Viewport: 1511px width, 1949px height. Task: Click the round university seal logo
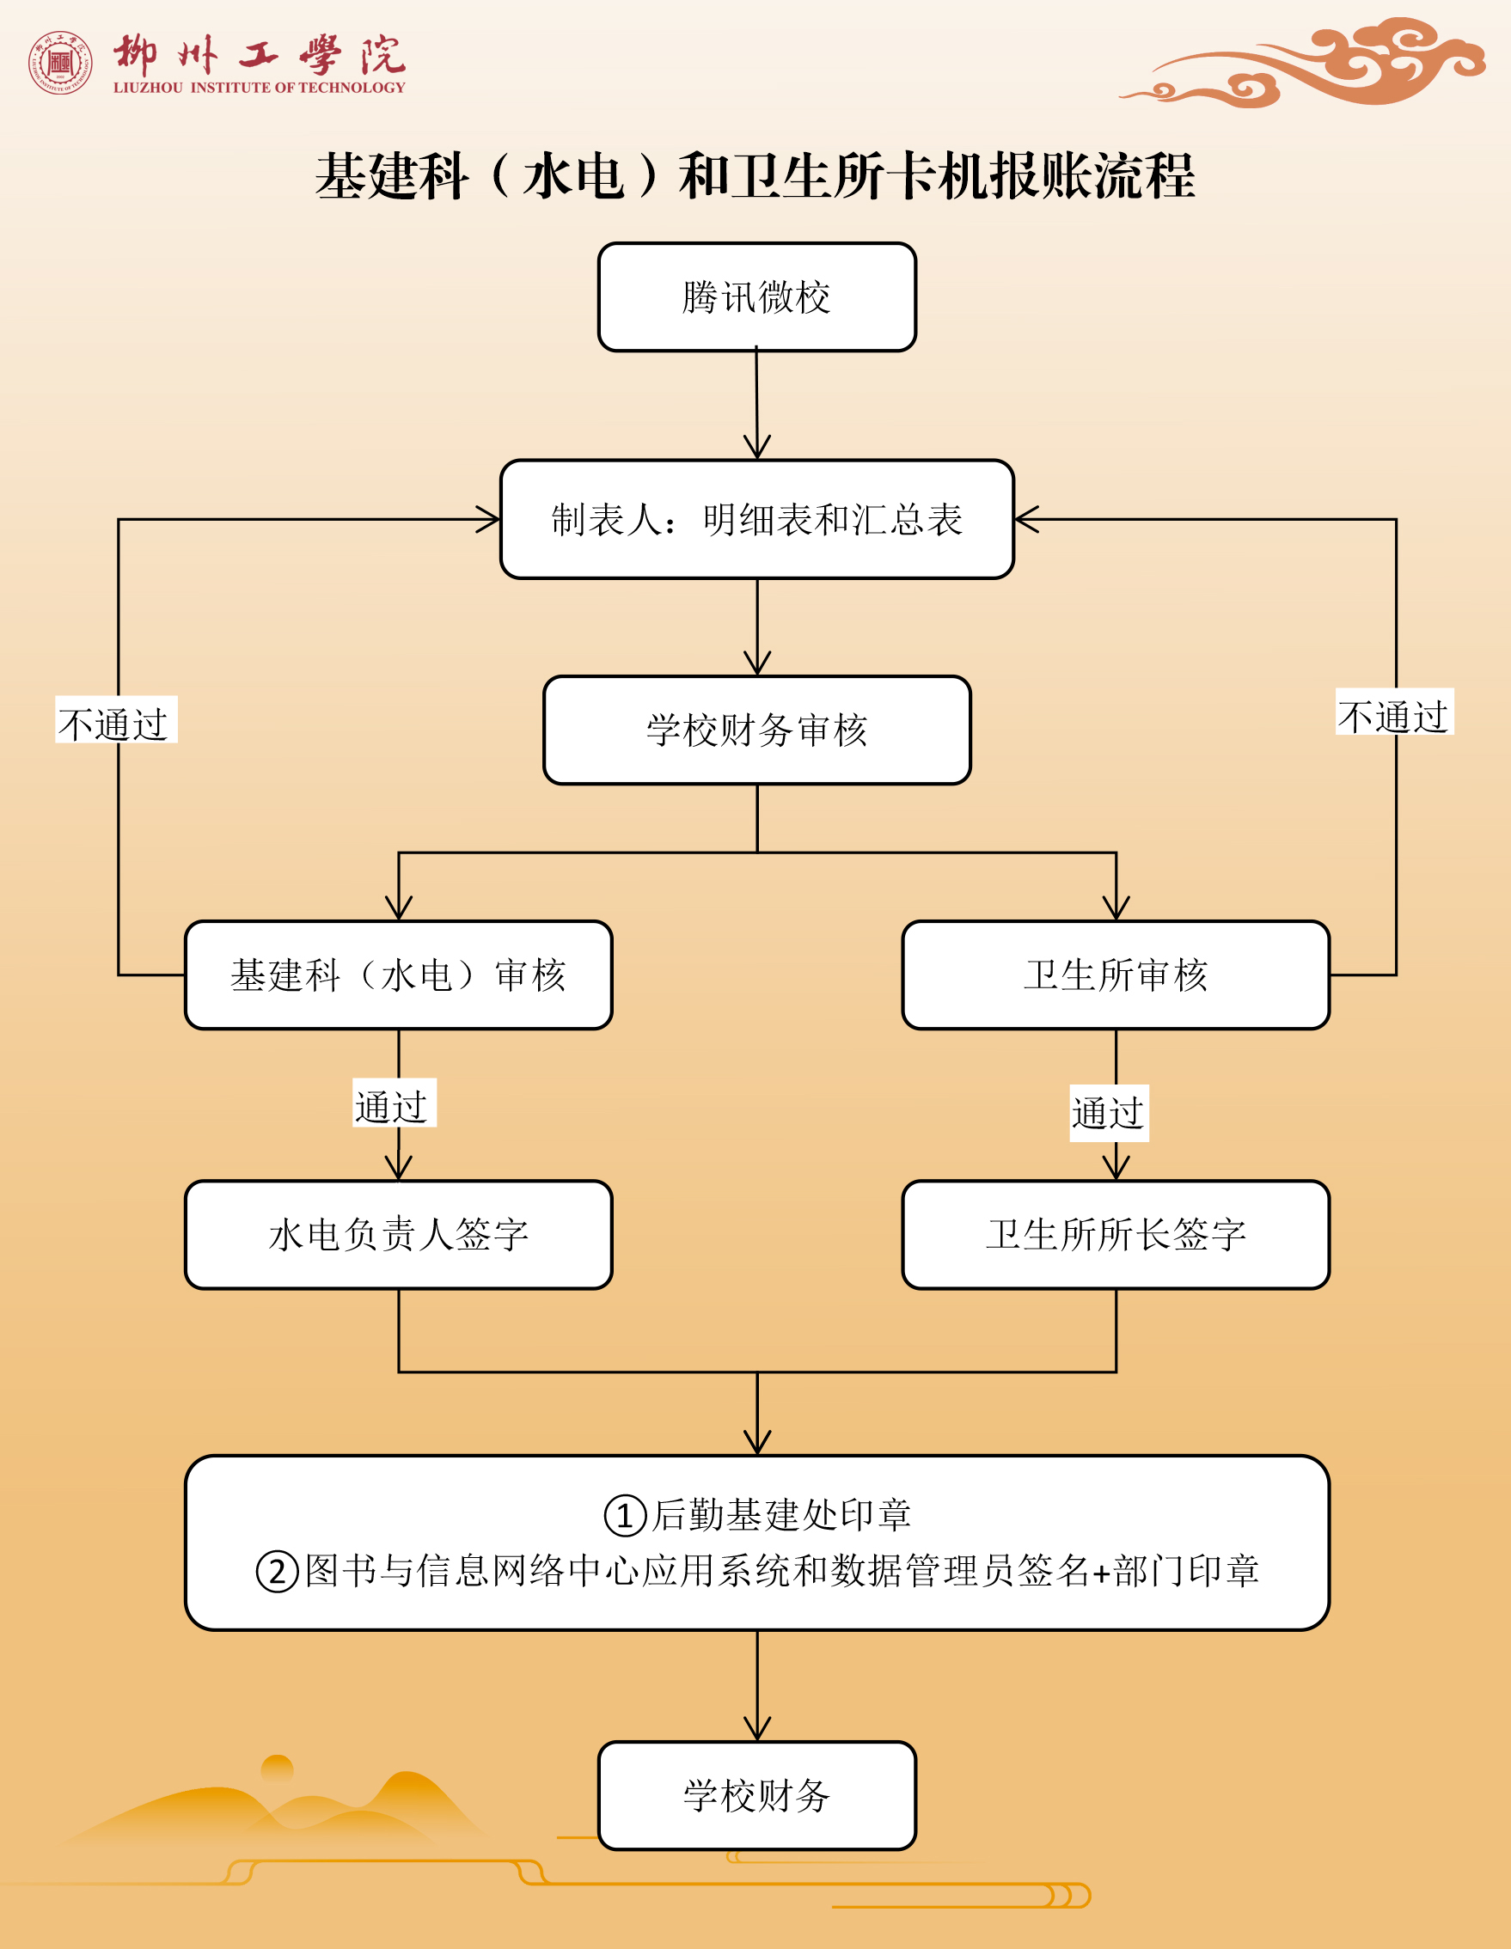pos(60,63)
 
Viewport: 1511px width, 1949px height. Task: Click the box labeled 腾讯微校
pos(757,297)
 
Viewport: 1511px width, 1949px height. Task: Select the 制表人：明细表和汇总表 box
pos(757,519)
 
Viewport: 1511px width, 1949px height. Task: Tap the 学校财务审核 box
pos(757,730)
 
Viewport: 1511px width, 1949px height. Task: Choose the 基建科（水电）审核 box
pos(398,974)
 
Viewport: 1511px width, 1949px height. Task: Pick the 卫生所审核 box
pos(1116,974)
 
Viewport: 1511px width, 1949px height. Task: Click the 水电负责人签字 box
pos(398,1234)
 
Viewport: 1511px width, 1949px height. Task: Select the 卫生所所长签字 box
pos(1116,1234)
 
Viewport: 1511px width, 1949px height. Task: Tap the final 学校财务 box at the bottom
pos(757,1795)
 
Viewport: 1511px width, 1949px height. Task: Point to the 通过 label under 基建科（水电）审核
pos(394,1105)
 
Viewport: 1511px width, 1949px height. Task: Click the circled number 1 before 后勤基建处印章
pos(625,1515)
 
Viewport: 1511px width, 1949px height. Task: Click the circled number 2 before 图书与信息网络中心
pos(277,1572)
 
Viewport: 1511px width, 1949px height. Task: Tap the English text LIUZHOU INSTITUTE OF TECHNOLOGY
pos(259,88)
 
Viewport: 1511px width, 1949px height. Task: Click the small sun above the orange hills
pos(277,1768)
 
